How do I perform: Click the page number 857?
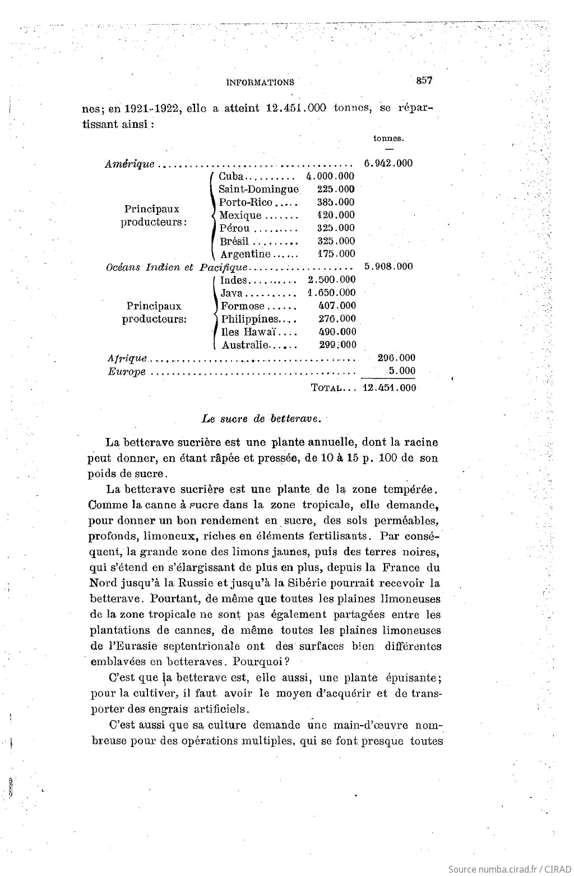[x=423, y=81]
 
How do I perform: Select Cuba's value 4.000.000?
[x=331, y=176]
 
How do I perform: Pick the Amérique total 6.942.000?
[x=388, y=163]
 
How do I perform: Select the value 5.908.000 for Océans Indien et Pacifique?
[x=388, y=266]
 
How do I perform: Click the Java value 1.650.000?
[x=331, y=293]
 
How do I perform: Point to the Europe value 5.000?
[x=402, y=371]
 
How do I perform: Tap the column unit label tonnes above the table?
[x=388, y=138]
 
